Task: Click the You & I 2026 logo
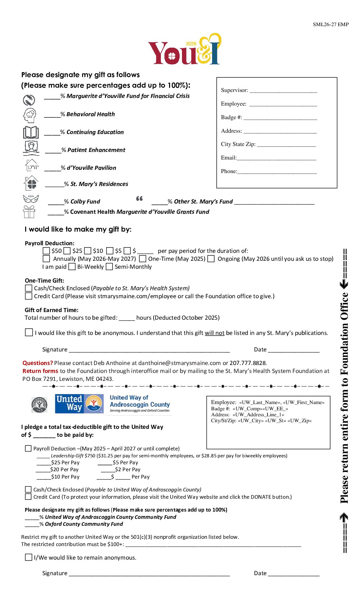pyautogui.click(x=184, y=50)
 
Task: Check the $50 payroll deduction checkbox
pyautogui.click(x=46, y=251)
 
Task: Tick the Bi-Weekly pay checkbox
pyautogui.click(x=72, y=267)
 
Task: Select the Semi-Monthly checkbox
pyautogui.click(x=109, y=267)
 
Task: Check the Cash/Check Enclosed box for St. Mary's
pyautogui.click(x=29, y=288)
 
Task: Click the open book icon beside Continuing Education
pyautogui.click(x=31, y=132)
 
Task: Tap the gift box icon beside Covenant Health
pyautogui.click(x=29, y=212)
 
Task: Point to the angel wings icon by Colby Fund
pyautogui.click(x=31, y=199)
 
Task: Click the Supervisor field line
pyautogui.click(x=283, y=91)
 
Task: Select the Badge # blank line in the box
pyautogui.click(x=280, y=118)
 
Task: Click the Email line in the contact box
pyautogui.click(x=276, y=159)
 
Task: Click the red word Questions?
pyautogui.click(x=38, y=363)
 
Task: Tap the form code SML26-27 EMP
pyautogui.click(x=331, y=24)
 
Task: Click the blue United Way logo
pyautogui.click(x=79, y=404)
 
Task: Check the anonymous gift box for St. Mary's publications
pyautogui.click(x=29, y=332)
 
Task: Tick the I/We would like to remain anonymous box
pyautogui.click(x=29, y=557)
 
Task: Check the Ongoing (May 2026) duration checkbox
pyautogui.click(x=211, y=259)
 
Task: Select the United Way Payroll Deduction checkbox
pyautogui.click(x=28, y=448)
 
